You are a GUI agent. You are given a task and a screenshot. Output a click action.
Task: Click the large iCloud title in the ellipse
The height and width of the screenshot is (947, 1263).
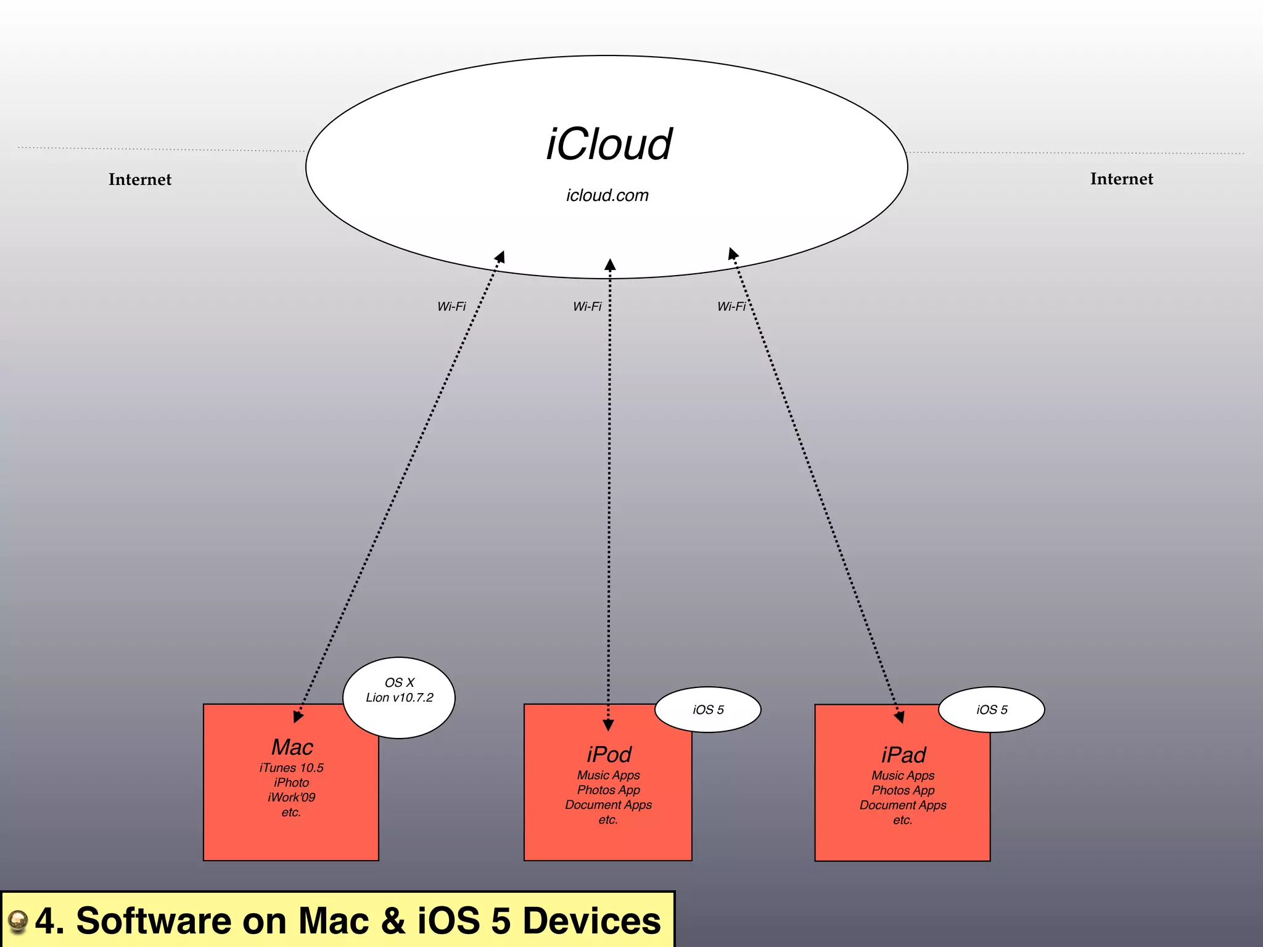pos(609,145)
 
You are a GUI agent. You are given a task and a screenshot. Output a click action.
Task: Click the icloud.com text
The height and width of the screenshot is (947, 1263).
pos(607,195)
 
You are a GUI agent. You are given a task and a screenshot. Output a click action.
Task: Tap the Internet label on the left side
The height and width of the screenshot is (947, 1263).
pos(140,179)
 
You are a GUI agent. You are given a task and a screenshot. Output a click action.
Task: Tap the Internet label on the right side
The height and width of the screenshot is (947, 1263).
pos(1121,179)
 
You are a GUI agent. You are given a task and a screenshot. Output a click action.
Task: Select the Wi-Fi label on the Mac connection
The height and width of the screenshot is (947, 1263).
pos(451,306)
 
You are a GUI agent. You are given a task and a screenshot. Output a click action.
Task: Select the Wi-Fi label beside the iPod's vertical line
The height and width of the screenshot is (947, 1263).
pos(587,306)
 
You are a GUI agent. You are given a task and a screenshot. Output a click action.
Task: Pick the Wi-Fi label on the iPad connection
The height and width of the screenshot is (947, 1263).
pos(731,306)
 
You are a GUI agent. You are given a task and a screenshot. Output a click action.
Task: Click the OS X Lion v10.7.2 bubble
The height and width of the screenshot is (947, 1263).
pos(399,697)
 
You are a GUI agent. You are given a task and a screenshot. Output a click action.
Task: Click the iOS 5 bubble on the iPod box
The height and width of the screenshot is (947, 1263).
pos(708,710)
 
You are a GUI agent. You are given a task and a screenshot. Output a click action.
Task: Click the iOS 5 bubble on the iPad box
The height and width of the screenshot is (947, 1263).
pos(992,710)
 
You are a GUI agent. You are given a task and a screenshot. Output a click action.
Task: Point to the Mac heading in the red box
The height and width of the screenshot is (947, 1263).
pos(292,747)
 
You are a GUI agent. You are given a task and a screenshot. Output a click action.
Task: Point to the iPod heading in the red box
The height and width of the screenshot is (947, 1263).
pos(609,755)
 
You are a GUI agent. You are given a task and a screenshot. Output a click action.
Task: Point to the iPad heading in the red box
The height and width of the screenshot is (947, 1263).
pos(903,755)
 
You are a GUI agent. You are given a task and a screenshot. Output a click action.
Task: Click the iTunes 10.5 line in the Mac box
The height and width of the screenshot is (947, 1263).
pos(291,768)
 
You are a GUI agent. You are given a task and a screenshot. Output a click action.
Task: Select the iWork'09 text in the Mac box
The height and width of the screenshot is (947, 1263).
pos(291,797)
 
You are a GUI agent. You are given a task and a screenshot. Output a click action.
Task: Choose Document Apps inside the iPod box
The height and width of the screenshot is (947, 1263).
pos(608,805)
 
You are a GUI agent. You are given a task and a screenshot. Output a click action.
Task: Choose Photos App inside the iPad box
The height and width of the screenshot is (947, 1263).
pos(903,790)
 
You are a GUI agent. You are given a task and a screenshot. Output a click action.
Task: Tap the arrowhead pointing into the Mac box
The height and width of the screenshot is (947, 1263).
pos(297,716)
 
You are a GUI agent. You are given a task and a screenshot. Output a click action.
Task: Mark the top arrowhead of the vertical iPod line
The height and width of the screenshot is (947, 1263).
pos(610,265)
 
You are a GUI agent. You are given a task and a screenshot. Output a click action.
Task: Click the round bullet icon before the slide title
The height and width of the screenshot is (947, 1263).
pos(18,921)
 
